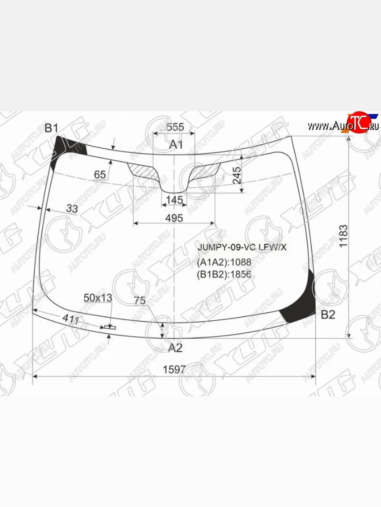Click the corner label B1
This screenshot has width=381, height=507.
51,128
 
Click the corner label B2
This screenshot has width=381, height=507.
328,314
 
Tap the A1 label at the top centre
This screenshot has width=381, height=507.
176,145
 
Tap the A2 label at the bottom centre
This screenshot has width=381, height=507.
175,348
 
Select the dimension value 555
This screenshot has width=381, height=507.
175,127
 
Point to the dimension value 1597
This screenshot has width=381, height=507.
174,369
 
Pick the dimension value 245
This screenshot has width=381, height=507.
237,175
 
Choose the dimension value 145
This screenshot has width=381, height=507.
174,199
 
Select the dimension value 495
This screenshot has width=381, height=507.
174,218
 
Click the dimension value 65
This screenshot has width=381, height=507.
99,174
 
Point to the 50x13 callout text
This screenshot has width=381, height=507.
98,298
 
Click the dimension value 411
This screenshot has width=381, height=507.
71,320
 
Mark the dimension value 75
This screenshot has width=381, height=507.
140,301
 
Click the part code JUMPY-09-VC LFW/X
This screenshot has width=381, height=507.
242,248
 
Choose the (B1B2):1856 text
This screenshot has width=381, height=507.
224,275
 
